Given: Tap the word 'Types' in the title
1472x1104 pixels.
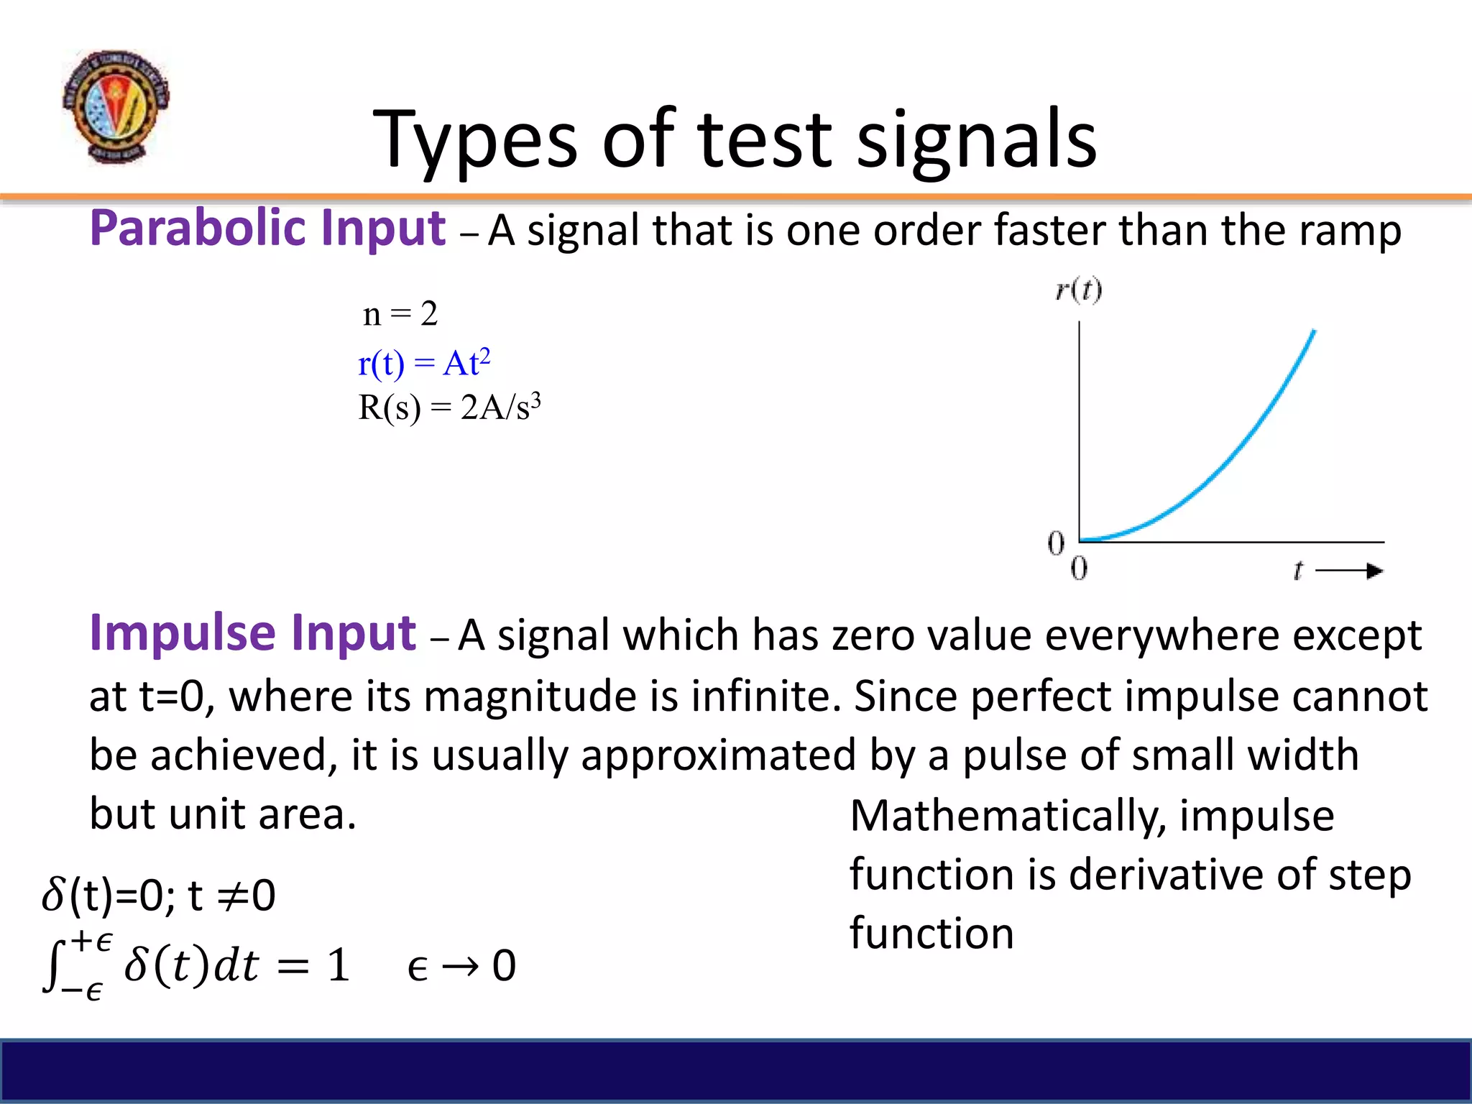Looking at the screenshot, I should [x=474, y=140].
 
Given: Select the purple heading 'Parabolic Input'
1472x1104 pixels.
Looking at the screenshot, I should [x=267, y=229].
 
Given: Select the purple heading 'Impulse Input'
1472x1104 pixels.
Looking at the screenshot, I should [x=252, y=633].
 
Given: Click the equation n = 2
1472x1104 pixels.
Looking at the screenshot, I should [x=400, y=314].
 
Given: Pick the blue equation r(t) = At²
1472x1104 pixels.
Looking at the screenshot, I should [x=424, y=363].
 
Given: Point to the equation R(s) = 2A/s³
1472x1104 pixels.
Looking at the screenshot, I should [x=448, y=408].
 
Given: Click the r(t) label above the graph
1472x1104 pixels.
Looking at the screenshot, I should [x=1078, y=290].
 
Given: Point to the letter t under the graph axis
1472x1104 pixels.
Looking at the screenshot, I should [x=1297, y=571].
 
